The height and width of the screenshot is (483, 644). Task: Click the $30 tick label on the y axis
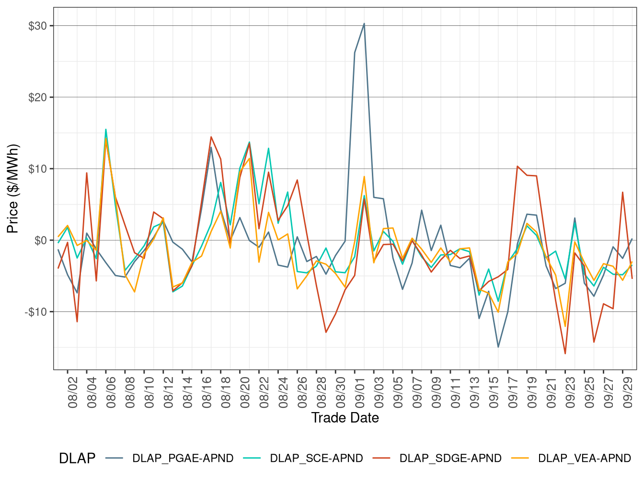[x=38, y=26]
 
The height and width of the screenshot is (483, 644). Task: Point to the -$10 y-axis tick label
[x=36, y=312]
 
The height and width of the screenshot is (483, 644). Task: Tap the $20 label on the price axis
[x=38, y=97]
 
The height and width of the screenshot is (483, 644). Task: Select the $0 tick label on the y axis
[x=40, y=241]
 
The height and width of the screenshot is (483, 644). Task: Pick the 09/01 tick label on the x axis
[x=360, y=391]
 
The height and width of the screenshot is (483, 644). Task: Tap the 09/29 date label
[x=628, y=391]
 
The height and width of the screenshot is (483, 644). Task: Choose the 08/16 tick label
[x=207, y=391]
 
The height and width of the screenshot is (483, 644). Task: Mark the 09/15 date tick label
[x=494, y=391]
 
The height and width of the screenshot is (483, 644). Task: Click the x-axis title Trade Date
[x=345, y=418]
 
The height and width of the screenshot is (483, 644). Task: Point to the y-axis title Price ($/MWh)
[x=13, y=189]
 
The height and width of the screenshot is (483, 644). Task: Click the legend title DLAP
[x=77, y=458]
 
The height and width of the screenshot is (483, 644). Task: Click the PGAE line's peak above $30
[x=364, y=23]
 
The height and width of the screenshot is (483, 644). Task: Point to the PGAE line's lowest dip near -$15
[x=498, y=347]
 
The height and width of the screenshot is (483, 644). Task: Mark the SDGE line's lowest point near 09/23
[x=565, y=354]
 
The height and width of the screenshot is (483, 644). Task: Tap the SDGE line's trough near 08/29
[x=326, y=332]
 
